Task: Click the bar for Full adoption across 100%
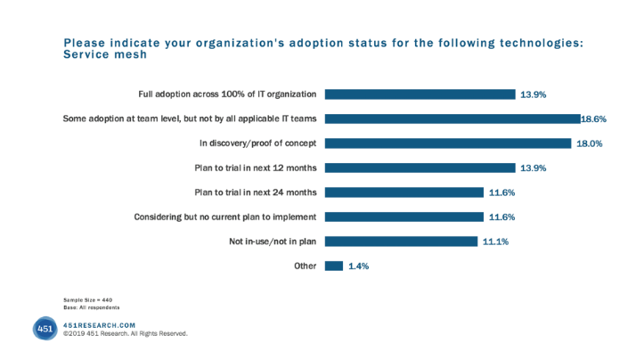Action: click(420, 94)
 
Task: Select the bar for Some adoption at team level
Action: click(453, 118)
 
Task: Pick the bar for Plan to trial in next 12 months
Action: click(420, 167)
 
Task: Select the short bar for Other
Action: click(335, 265)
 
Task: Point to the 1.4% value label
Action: click(359, 265)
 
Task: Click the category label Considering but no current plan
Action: click(226, 217)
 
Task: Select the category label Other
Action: click(306, 266)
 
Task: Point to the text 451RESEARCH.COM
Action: click(100, 325)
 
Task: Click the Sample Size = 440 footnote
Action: click(88, 300)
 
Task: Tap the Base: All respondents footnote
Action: click(92, 307)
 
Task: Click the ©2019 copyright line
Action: click(125, 334)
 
